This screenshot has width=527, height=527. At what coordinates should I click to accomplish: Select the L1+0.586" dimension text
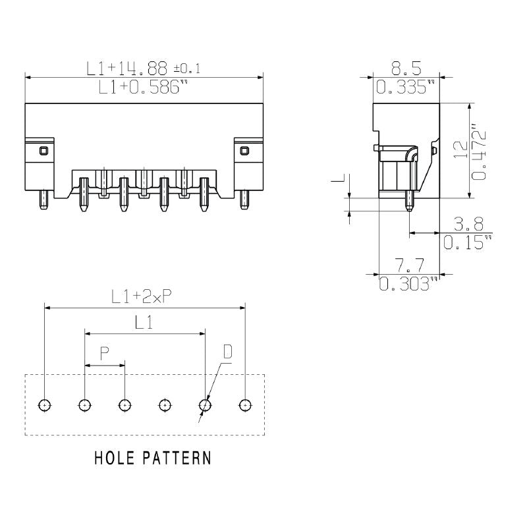click(x=140, y=88)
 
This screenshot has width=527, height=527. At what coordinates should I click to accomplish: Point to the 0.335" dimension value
click(x=406, y=88)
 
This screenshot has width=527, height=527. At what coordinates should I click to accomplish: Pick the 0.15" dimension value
click(x=467, y=242)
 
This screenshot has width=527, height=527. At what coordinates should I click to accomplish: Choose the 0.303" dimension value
click(x=408, y=284)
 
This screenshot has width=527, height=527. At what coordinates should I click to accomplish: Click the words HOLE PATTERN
click(x=153, y=457)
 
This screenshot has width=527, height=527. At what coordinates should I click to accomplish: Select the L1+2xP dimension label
click(x=142, y=297)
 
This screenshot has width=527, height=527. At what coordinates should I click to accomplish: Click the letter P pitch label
click(x=105, y=354)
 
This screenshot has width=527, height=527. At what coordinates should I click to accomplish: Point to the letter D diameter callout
click(x=227, y=352)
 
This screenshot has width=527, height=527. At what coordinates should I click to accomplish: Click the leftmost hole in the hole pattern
click(x=44, y=404)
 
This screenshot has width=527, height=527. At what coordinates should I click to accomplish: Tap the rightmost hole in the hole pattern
click(x=245, y=404)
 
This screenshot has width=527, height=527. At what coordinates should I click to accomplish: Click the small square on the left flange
click(x=43, y=151)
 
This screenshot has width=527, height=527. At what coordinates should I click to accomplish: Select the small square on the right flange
click(x=244, y=151)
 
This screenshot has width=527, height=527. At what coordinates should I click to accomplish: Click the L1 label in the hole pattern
click(x=144, y=323)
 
